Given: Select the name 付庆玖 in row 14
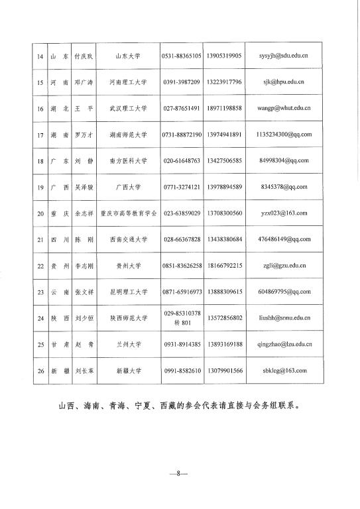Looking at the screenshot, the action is [83, 56].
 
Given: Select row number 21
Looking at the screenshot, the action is [39, 239].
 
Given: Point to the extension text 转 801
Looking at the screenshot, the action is [181, 323].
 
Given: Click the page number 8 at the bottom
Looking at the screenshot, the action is [179, 475].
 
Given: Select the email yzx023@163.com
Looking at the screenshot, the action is [283, 213].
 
